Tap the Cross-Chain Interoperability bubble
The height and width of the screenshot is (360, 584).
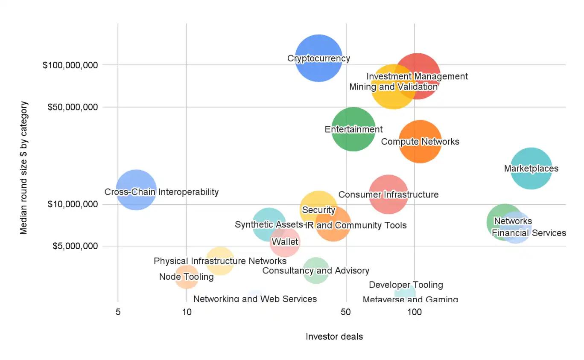136,190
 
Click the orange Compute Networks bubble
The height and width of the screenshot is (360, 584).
420,142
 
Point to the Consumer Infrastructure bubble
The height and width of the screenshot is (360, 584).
388,195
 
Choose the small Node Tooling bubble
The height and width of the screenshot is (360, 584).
187,277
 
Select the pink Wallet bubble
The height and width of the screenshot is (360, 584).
285,242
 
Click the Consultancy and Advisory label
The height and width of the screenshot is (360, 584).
315,270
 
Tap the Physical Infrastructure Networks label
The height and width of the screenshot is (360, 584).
220,261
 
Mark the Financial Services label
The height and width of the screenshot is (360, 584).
529,233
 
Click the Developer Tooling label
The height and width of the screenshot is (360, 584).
406,285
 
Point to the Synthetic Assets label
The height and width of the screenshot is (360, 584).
269,224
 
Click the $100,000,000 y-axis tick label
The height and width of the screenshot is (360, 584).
70,65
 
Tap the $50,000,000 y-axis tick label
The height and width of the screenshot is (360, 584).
72,107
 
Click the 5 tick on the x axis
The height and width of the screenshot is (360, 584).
118,312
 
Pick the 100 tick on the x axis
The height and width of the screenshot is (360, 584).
415,312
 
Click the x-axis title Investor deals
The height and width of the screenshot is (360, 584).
334,337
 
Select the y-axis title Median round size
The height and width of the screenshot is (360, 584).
24,168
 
